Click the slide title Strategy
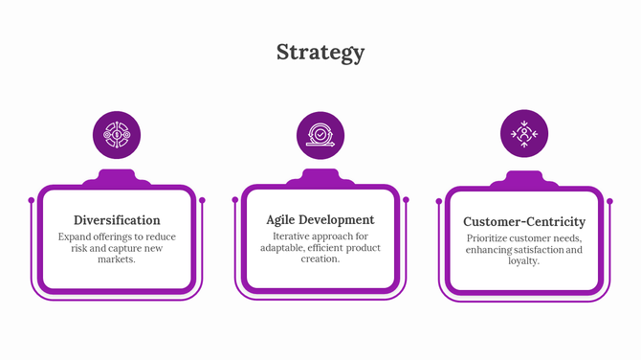320,52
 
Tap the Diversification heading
117,219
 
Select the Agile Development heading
320,219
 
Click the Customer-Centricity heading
523,221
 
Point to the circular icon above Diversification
117,135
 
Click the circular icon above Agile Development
320,135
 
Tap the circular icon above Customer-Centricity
524,135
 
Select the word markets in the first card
117,259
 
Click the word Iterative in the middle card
293,236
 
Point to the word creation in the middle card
320,259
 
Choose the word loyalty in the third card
523,261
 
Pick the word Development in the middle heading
339,219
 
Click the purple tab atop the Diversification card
117,177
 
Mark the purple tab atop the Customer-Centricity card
524,179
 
